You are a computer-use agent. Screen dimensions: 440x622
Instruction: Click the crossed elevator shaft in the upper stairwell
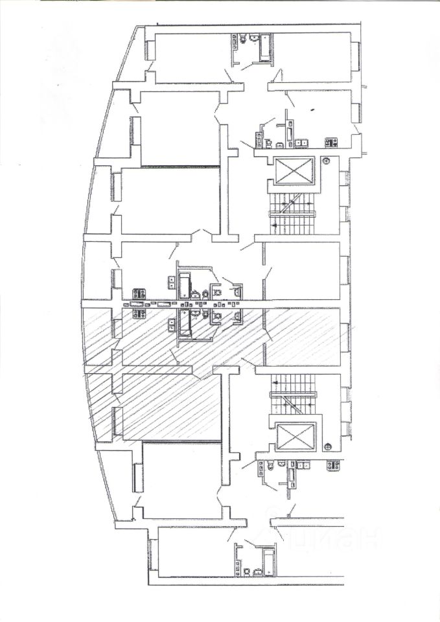(x=294, y=170)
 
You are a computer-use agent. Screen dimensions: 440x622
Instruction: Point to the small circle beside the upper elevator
(x=327, y=160)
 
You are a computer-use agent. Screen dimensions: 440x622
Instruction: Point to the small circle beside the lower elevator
(x=329, y=445)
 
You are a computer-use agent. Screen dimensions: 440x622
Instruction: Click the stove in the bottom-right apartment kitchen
(x=334, y=465)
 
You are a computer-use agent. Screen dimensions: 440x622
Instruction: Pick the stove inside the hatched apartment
(x=139, y=314)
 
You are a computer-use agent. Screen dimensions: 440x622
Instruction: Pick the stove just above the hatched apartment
(x=139, y=292)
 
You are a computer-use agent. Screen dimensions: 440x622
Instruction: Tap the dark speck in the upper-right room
(x=312, y=111)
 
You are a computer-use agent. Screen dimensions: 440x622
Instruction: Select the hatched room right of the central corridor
(x=302, y=337)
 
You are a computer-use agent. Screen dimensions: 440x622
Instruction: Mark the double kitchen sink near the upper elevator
(x=301, y=142)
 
